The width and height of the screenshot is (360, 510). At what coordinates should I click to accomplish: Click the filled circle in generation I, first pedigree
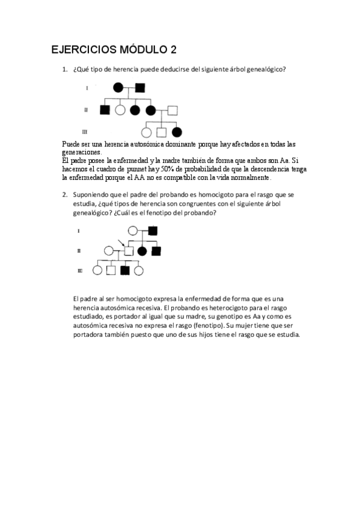119,88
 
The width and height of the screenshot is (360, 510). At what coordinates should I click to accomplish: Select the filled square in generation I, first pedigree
140,88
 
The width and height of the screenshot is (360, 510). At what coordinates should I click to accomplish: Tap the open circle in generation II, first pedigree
120,110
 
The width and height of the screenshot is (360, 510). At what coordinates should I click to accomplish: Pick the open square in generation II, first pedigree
172,110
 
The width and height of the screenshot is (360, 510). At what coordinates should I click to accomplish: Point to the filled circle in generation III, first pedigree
176,132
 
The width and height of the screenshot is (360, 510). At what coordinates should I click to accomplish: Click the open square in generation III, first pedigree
161,132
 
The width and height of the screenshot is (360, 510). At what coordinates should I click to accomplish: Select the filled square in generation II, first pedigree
105,110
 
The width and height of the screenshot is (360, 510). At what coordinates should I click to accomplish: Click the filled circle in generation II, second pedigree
142,250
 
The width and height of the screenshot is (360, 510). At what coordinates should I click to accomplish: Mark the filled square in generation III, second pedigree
124,271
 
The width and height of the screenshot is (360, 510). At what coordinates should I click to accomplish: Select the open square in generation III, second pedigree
111,271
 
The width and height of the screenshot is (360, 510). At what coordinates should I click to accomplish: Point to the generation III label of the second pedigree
80,271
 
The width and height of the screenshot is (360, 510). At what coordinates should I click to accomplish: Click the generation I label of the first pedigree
88,88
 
